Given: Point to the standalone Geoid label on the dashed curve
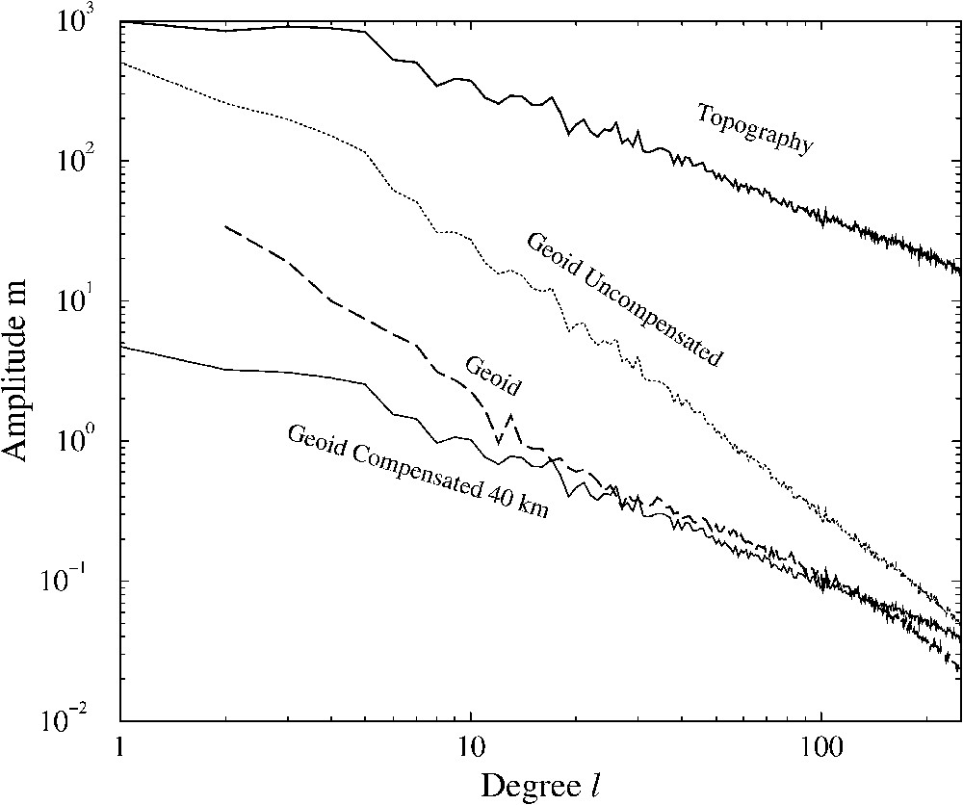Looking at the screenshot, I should [x=492, y=376].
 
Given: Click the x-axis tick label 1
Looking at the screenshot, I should [x=120, y=747].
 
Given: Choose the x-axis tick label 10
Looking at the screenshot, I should [x=470, y=747].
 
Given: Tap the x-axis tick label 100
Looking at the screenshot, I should [x=820, y=747].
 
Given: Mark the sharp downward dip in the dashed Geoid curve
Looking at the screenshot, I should [x=498, y=441].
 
